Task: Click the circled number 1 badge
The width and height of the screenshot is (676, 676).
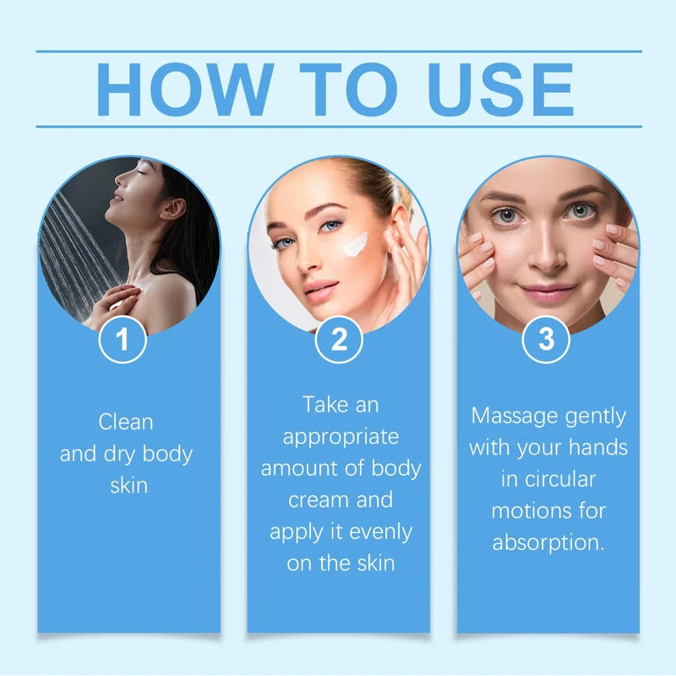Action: click(123, 340)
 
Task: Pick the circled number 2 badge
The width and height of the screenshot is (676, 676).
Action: click(339, 340)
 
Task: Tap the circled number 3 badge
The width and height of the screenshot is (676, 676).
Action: click(547, 340)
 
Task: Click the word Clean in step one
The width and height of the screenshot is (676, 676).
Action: click(126, 421)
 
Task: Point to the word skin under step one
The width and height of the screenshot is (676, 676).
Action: click(129, 486)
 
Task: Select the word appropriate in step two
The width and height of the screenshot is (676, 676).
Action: click(341, 437)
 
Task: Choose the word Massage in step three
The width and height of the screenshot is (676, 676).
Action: click(516, 416)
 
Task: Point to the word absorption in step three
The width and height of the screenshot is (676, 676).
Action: click(548, 542)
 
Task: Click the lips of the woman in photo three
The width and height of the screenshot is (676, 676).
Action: click(547, 293)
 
